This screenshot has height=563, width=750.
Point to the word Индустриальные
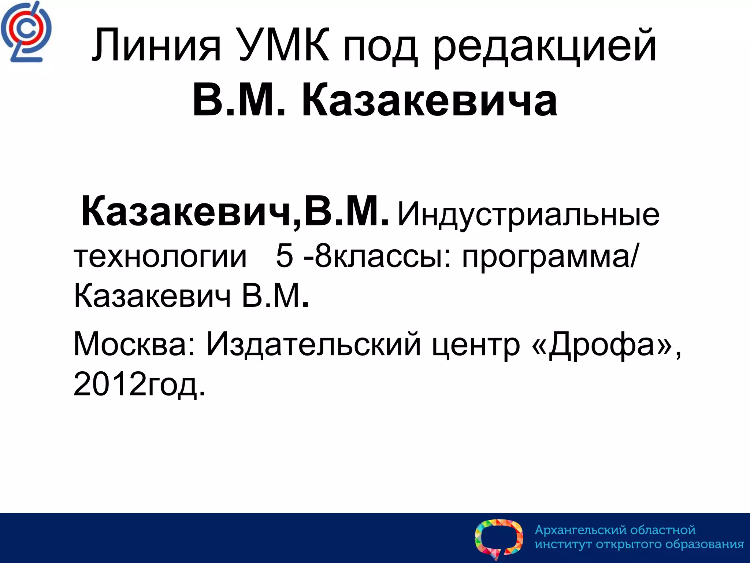tap(528, 215)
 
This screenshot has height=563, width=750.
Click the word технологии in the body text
tap(160, 257)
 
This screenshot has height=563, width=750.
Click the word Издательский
tap(313, 345)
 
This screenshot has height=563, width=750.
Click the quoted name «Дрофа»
tap(601, 345)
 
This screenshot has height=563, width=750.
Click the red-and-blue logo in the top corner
tap(26, 32)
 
